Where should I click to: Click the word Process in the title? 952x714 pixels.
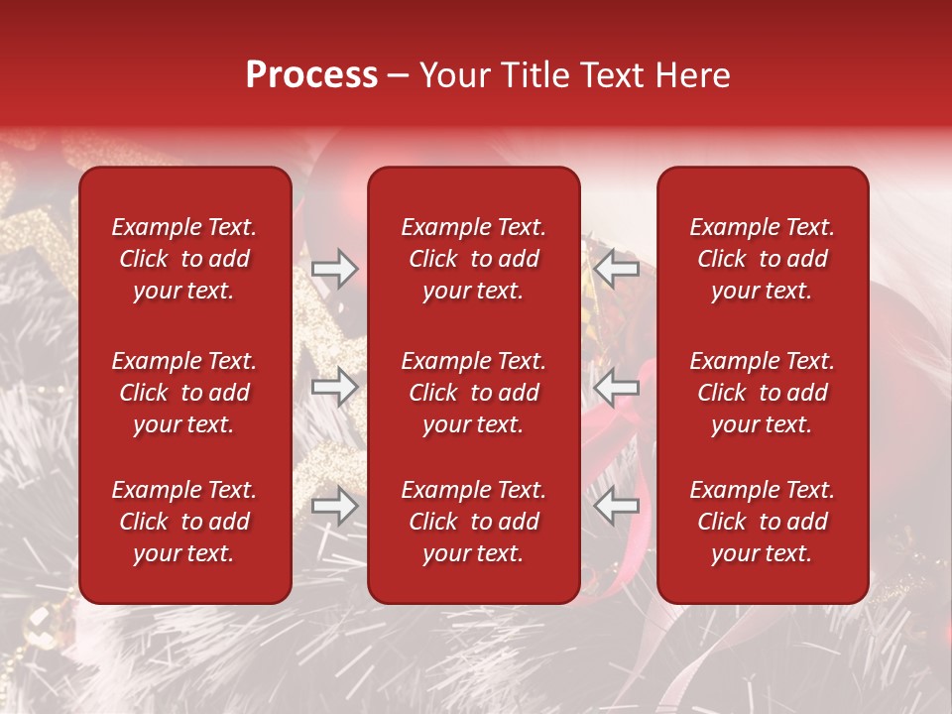[311, 75]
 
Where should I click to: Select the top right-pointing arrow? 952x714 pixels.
[334, 269]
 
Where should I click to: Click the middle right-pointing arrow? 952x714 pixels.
[334, 387]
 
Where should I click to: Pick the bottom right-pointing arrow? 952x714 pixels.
[334, 506]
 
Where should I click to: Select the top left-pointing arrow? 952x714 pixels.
[616, 269]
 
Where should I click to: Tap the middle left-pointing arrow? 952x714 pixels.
[616, 387]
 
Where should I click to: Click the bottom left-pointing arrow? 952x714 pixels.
[616, 506]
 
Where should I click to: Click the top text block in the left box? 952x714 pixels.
[184, 259]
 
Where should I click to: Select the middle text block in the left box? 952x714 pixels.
[184, 393]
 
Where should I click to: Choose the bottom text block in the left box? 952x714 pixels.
[184, 522]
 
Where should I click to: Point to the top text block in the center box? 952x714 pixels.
[473, 259]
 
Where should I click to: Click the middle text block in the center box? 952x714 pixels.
[473, 393]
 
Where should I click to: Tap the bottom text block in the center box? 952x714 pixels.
[473, 522]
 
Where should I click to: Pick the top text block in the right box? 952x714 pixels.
[762, 259]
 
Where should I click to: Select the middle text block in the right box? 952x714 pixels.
[762, 393]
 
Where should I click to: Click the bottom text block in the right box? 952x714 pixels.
[762, 522]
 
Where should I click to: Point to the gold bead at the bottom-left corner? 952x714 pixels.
[42, 626]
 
